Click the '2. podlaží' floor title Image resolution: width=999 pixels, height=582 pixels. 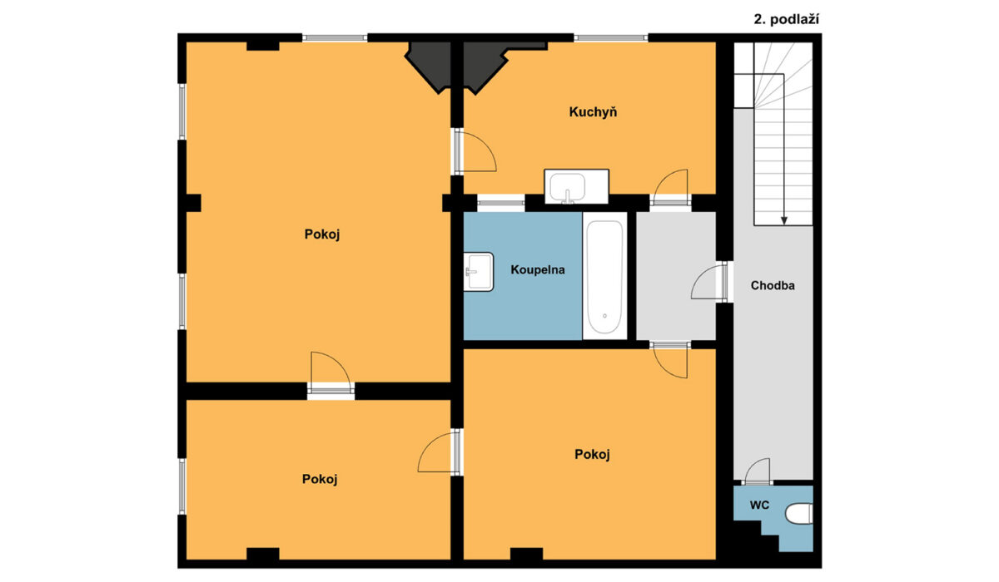786,20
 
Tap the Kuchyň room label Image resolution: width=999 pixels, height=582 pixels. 593,111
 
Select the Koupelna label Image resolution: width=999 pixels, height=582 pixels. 538,269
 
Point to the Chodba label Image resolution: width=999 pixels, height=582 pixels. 773,285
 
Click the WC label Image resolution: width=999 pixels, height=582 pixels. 759,505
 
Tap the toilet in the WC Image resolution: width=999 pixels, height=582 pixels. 798,514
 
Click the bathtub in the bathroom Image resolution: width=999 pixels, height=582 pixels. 604,276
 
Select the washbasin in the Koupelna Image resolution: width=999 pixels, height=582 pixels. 478,272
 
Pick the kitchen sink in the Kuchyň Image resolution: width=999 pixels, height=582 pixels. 576,186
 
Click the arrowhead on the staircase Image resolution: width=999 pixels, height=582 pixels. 783,220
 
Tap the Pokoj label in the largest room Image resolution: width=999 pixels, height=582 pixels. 322,234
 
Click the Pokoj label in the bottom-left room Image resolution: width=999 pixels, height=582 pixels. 320,479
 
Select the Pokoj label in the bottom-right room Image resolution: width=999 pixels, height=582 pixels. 592,454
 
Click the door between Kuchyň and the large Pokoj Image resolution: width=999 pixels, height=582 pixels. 475,150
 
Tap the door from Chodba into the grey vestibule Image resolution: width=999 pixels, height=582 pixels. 708,282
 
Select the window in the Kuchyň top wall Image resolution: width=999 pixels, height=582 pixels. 610,38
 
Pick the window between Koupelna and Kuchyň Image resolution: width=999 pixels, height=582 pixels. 501,203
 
